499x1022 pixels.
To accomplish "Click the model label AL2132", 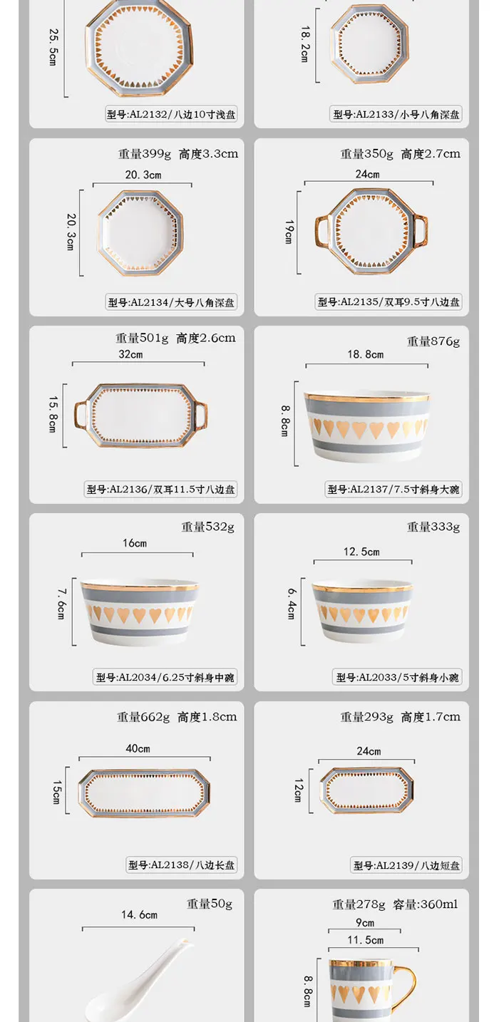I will pyautogui.click(x=171, y=114).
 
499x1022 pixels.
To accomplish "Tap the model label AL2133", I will pyautogui.click(x=396, y=114).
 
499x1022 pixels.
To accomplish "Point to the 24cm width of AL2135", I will pyautogui.click(x=368, y=174).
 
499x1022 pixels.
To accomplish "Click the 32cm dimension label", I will pyautogui.click(x=130, y=354).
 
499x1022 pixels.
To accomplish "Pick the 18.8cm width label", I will pyautogui.click(x=366, y=354).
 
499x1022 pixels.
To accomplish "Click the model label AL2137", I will pyautogui.click(x=394, y=489).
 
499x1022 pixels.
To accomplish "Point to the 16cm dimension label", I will pyautogui.click(x=134, y=543).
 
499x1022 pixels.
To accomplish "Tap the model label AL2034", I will pyautogui.click(x=165, y=677).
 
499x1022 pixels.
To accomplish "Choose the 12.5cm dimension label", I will pyautogui.click(x=361, y=552).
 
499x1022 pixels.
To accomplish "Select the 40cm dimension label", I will pyautogui.click(x=138, y=748).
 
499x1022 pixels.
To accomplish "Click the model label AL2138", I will pyautogui.click(x=182, y=864).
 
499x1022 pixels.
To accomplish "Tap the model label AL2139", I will pyautogui.click(x=407, y=865).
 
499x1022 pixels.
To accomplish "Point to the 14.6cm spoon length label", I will pyautogui.click(x=139, y=914).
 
